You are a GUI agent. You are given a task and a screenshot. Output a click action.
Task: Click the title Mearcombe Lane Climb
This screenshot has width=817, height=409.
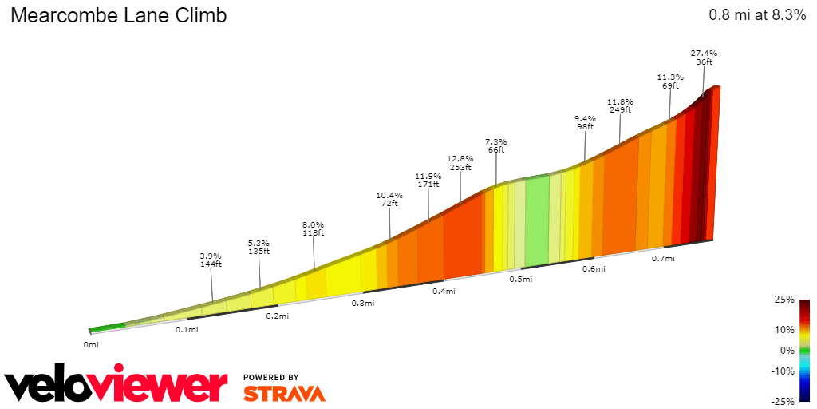click(x=118, y=15)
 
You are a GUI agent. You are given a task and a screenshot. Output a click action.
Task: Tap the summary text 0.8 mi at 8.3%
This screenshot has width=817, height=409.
click(x=756, y=15)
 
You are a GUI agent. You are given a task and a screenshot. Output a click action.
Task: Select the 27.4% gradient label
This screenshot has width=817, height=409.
click(x=704, y=53)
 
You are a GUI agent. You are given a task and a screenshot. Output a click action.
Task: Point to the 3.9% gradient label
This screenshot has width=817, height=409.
click(x=211, y=256)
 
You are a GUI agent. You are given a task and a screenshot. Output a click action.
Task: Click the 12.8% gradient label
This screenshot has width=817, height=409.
click(x=460, y=159)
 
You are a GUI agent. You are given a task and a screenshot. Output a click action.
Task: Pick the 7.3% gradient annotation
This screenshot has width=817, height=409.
click(x=496, y=141)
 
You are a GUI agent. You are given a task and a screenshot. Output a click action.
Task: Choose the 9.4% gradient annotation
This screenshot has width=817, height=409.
click(x=586, y=118)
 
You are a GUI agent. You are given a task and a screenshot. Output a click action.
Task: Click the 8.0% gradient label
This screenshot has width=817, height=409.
click(x=314, y=225)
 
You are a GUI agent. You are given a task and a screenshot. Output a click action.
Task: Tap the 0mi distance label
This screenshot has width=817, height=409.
click(x=91, y=345)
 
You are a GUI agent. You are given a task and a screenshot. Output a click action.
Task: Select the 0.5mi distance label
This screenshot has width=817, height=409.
click(x=521, y=279)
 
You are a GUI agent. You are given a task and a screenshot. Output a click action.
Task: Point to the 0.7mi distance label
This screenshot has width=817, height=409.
click(x=663, y=258)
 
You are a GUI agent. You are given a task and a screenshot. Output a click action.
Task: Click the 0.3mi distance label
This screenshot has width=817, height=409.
click(x=363, y=304)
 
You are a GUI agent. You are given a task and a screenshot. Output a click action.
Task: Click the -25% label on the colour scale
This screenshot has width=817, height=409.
click(x=783, y=401)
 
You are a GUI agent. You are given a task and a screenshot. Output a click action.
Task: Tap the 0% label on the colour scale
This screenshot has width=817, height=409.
click(x=788, y=350)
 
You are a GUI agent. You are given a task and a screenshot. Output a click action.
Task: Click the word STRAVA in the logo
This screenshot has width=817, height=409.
click(x=284, y=393)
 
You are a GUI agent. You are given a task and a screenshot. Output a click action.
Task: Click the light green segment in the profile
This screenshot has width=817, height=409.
click(x=537, y=220)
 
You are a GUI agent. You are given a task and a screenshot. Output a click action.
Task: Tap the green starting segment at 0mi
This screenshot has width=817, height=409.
click(x=107, y=327)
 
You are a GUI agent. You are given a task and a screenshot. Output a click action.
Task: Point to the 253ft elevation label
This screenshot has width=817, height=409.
click(x=460, y=168)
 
